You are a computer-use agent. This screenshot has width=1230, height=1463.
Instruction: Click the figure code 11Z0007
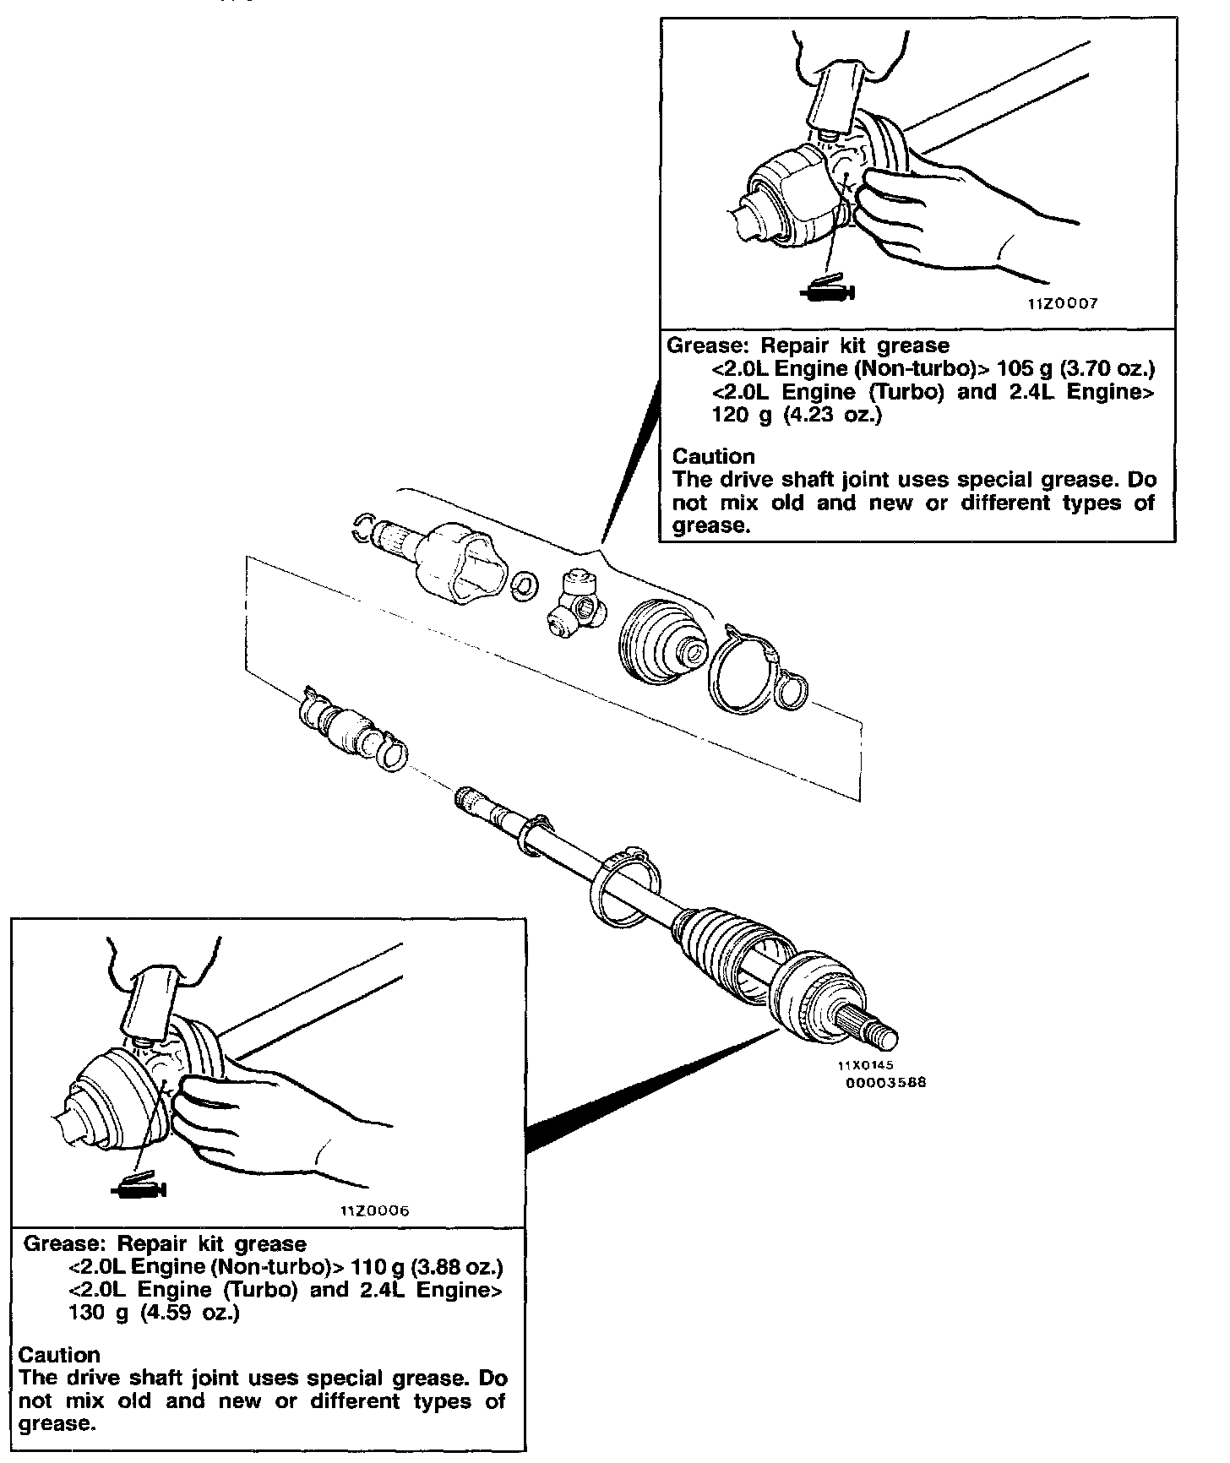pyautogui.click(x=1063, y=303)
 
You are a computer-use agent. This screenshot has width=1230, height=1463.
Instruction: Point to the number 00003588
pyautogui.click(x=886, y=1082)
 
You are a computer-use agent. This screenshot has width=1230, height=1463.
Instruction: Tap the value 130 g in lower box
pyautogui.click(x=89, y=1314)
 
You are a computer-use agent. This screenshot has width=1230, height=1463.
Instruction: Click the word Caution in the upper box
pyautogui.click(x=714, y=457)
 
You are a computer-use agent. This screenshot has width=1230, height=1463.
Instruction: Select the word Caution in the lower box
pyautogui.click(x=59, y=1355)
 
